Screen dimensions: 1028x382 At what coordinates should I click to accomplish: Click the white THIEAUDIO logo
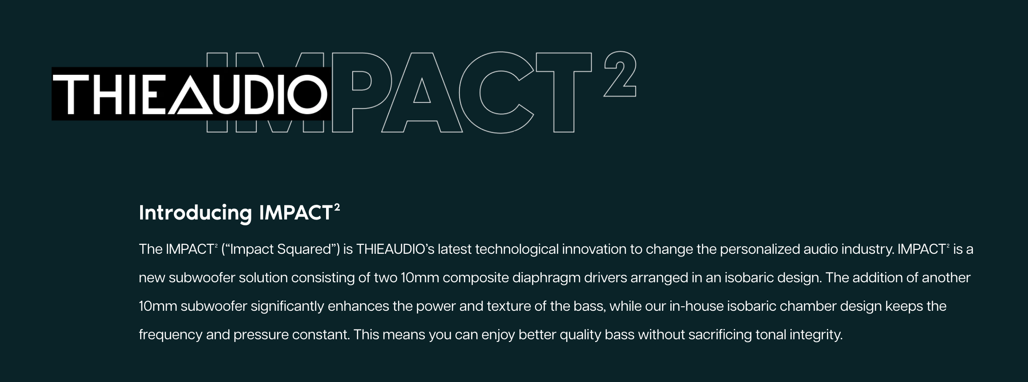click(x=190, y=94)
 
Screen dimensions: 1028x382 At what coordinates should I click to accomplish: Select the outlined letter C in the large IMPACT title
click(x=496, y=92)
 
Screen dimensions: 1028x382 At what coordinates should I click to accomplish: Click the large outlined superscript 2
click(x=620, y=74)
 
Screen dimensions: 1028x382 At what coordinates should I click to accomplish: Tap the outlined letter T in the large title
click(x=564, y=92)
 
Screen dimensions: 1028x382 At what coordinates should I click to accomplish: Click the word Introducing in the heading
click(x=196, y=213)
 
